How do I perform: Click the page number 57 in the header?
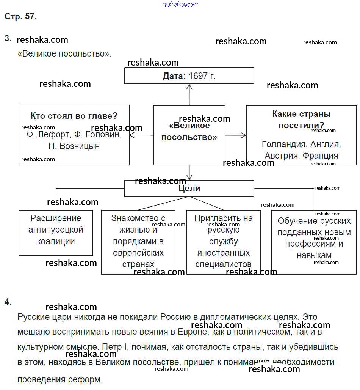(x=30, y=17)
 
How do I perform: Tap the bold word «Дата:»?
(x=174, y=76)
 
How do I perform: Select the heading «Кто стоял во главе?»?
(x=74, y=116)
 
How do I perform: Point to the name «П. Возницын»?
(x=74, y=146)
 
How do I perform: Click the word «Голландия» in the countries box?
(x=284, y=145)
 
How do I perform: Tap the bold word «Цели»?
(x=189, y=189)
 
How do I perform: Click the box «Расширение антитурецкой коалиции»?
(x=56, y=233)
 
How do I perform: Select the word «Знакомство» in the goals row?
(x=138, y=218)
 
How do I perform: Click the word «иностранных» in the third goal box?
(x=223, y=253)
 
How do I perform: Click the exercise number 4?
(x=8, y=302)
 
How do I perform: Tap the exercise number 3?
(x=8, y=38)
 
